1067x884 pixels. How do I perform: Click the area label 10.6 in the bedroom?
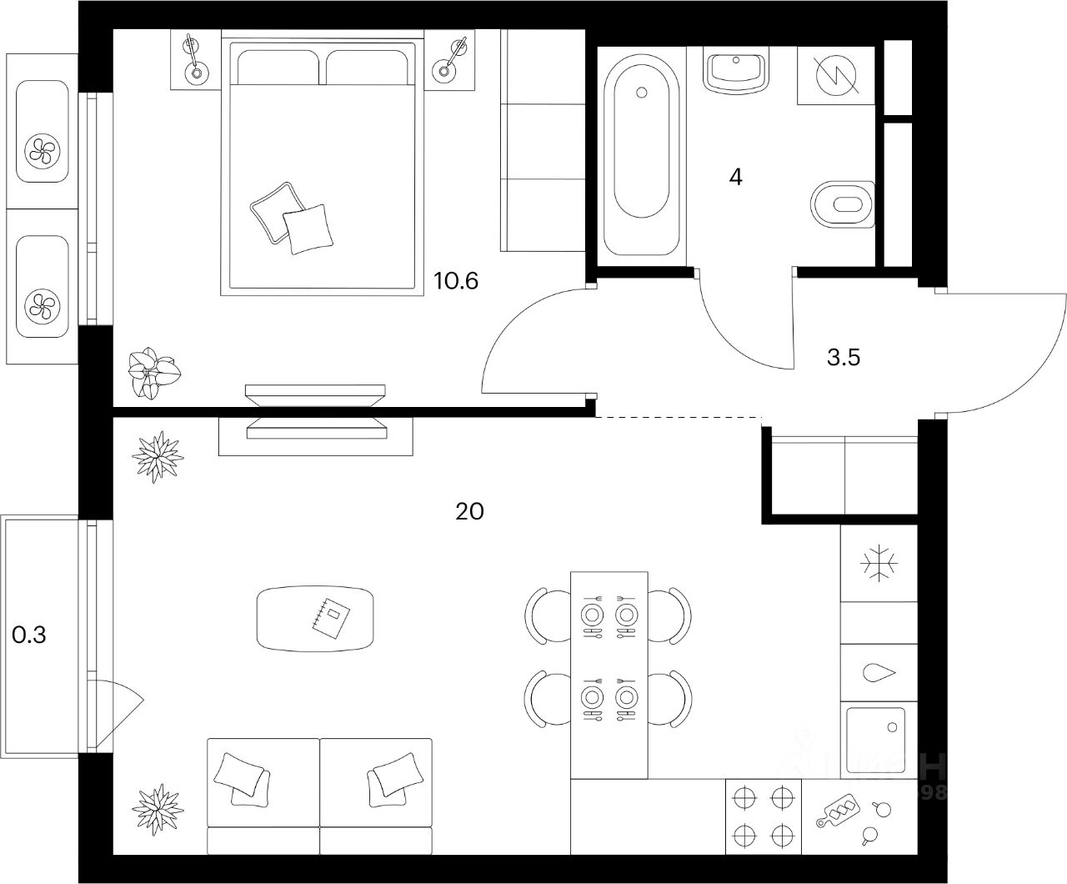coord(456,281)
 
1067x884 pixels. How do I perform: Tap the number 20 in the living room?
coord(469,511)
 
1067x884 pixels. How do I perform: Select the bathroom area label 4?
coord(734,177)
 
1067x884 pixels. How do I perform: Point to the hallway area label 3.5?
coord(843,358)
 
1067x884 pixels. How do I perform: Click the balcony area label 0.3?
coord(29,635)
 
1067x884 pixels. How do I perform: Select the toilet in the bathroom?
coord(844,204)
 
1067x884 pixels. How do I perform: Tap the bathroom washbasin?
coord(735,70)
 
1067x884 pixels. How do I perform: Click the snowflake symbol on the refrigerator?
coord(879,565)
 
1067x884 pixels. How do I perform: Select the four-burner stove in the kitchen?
coord(763,816)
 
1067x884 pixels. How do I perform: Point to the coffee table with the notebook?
coord(316,618)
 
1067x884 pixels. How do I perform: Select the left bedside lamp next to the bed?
coord(195,59)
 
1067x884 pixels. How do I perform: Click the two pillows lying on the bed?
coord(292,218)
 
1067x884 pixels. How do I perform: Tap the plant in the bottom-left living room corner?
coord(158,808)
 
